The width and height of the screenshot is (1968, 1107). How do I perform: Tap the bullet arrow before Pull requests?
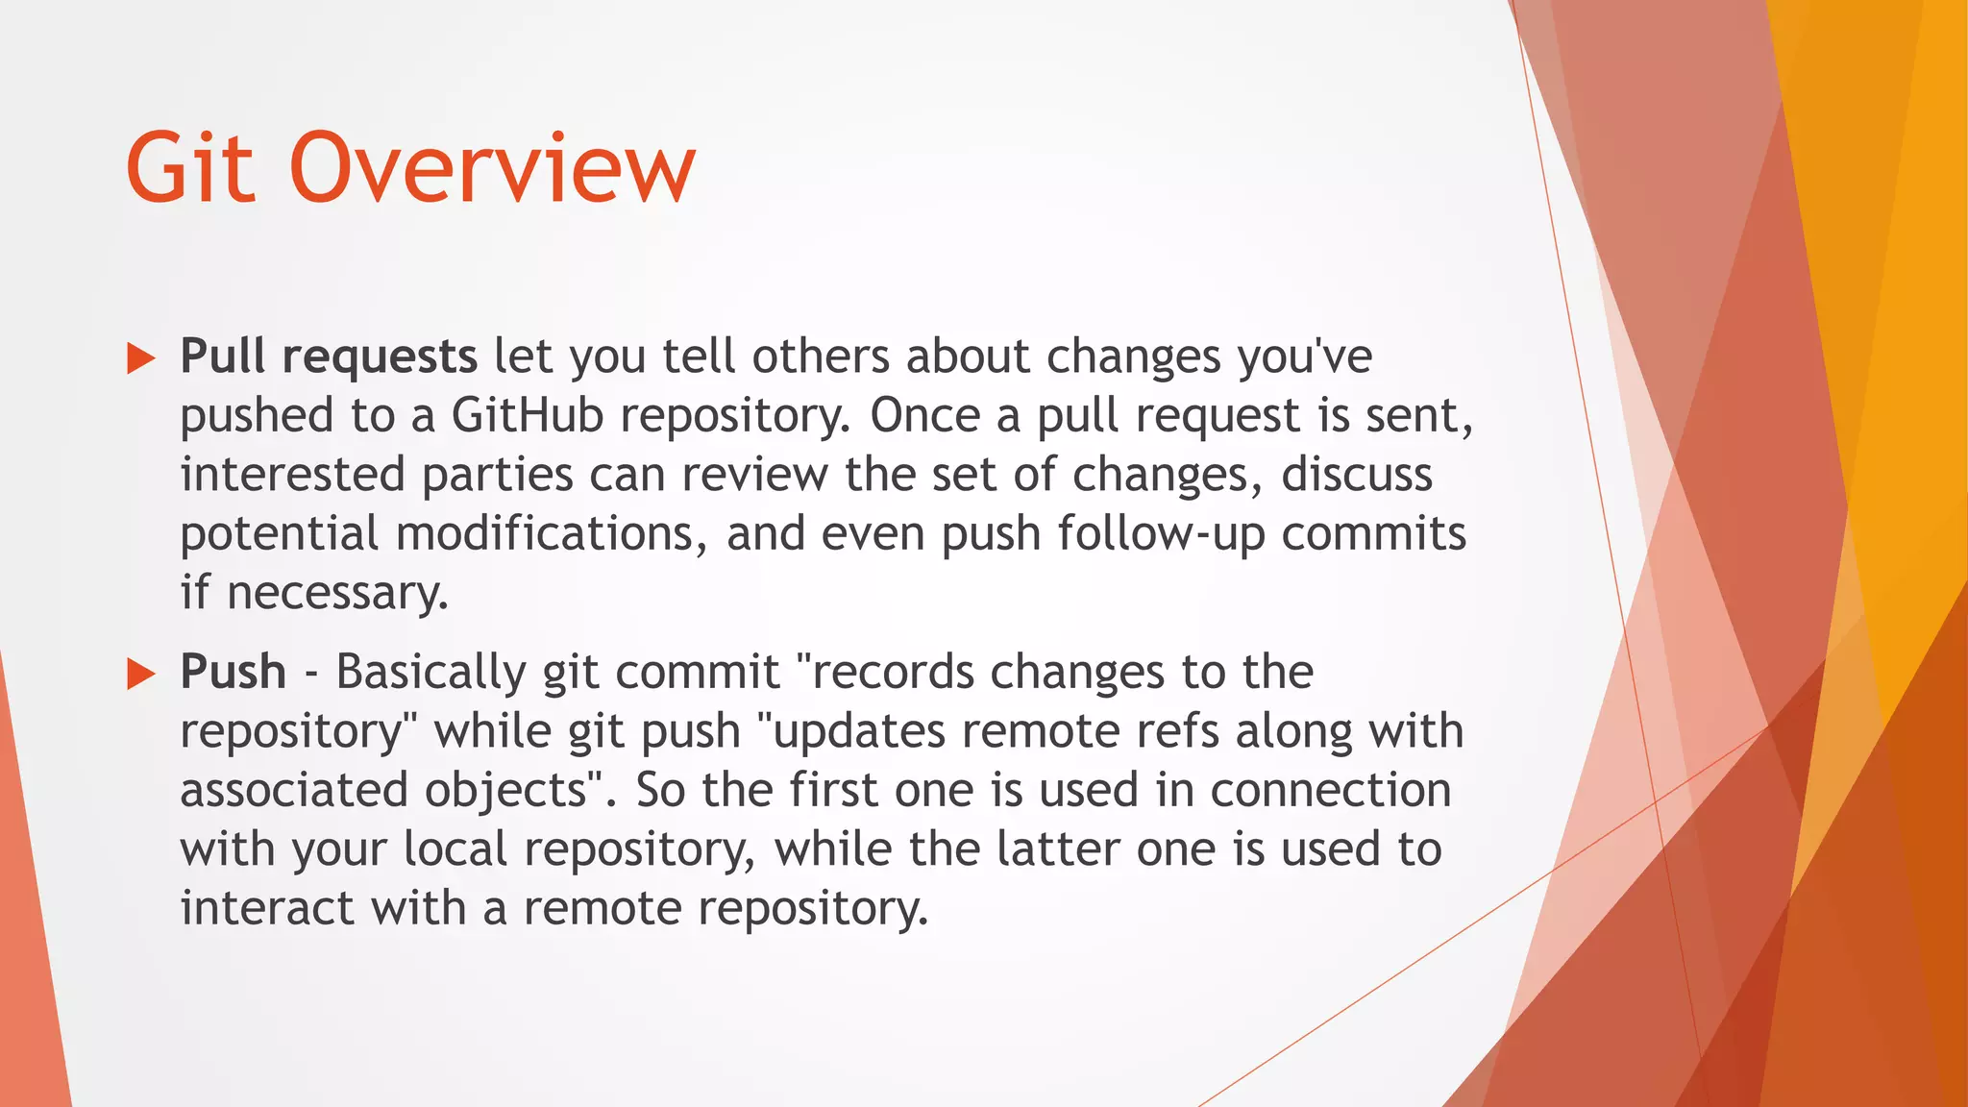(x=141, y=360)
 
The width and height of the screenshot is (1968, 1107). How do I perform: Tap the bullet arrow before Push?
(x=141, y=675)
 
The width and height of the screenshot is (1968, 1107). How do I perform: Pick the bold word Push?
(x=233, y=672)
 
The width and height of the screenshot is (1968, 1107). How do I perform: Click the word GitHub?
(x=527, y=416)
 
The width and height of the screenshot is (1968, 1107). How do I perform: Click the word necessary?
(x=337, y=594)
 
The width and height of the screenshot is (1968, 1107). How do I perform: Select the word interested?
(x=292, y=476)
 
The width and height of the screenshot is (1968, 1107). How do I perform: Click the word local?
(x=455, y=849)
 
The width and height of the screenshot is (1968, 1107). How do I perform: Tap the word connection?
(x=1330, y=791)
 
